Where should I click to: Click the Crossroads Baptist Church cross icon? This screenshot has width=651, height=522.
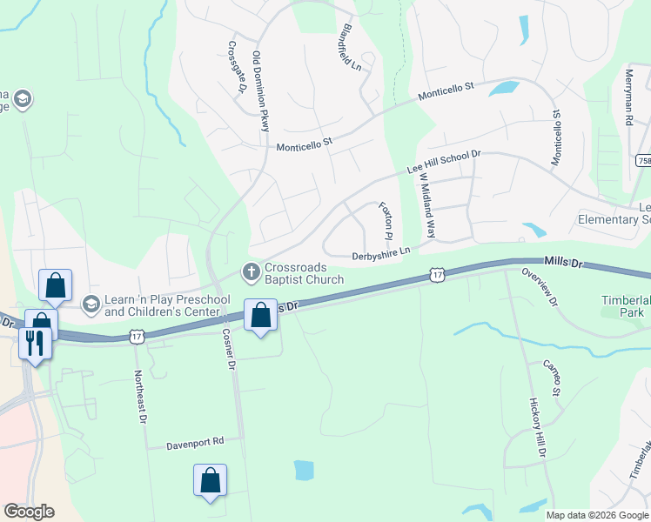point(252,272)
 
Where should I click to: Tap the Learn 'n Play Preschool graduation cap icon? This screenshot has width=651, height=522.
point(90,304)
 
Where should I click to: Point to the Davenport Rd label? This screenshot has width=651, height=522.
point(196,442)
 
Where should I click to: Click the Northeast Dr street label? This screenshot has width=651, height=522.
point(139,396)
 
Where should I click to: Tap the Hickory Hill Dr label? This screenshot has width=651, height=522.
point(536,429)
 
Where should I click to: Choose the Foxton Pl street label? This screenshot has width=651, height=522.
point(386,221)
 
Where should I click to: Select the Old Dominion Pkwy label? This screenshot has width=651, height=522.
point(260,92)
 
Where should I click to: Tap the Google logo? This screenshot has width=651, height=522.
point(29,512)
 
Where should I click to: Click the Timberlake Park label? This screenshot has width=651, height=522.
point(624,305)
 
